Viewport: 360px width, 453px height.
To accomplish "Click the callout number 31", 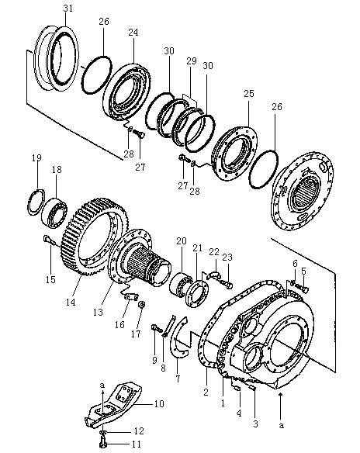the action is [x=68, y=9].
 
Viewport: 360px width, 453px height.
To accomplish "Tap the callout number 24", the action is [x=133, y=33].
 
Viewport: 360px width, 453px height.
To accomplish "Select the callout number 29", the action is [x=192, y=61].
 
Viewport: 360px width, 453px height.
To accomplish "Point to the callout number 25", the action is [x=249, y=94].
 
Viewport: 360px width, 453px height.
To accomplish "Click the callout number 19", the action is [x=36, y=157].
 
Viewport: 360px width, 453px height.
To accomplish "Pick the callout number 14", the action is [x=71, y=303].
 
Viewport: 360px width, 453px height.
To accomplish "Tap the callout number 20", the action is [x=182, y=240].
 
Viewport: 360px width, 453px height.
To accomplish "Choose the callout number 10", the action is [x=158, y=403].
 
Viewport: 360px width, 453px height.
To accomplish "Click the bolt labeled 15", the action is [x=49, y=240].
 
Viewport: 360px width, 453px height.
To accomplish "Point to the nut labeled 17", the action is [x=142, y=305].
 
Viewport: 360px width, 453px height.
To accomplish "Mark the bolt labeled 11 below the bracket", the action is [x=103, y=444].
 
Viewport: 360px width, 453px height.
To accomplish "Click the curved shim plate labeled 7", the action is [x=178, y=337].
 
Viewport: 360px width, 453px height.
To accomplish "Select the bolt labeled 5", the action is [x=303, y=289].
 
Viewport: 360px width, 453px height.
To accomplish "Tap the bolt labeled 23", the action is [x=227, y=283].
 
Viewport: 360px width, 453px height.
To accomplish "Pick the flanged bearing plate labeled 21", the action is [x=198, y=293].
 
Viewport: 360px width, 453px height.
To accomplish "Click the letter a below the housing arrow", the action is [x=282, y=425].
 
